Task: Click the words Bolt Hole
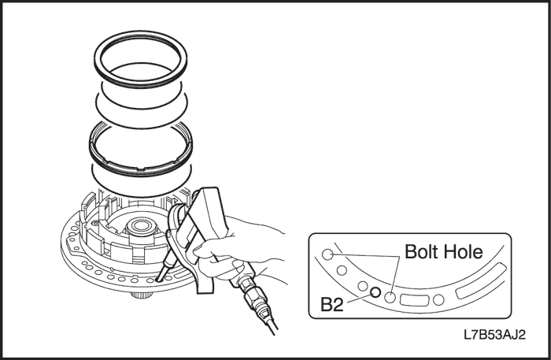(x=444, y=252)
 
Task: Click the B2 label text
(x=332, y=304)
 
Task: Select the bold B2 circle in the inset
(x=375, y=291)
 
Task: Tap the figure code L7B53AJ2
(x=495, y=335)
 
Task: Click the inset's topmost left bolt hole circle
(x=327, y=254)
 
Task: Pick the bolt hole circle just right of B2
(x=390, y=298)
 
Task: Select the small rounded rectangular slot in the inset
(x=415, y=300)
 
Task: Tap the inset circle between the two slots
(x=438, y=299)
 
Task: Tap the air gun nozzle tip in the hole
(x=157, y=280)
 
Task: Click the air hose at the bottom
(x=271, y=325)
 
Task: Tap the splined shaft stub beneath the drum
(x=142, y=295)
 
